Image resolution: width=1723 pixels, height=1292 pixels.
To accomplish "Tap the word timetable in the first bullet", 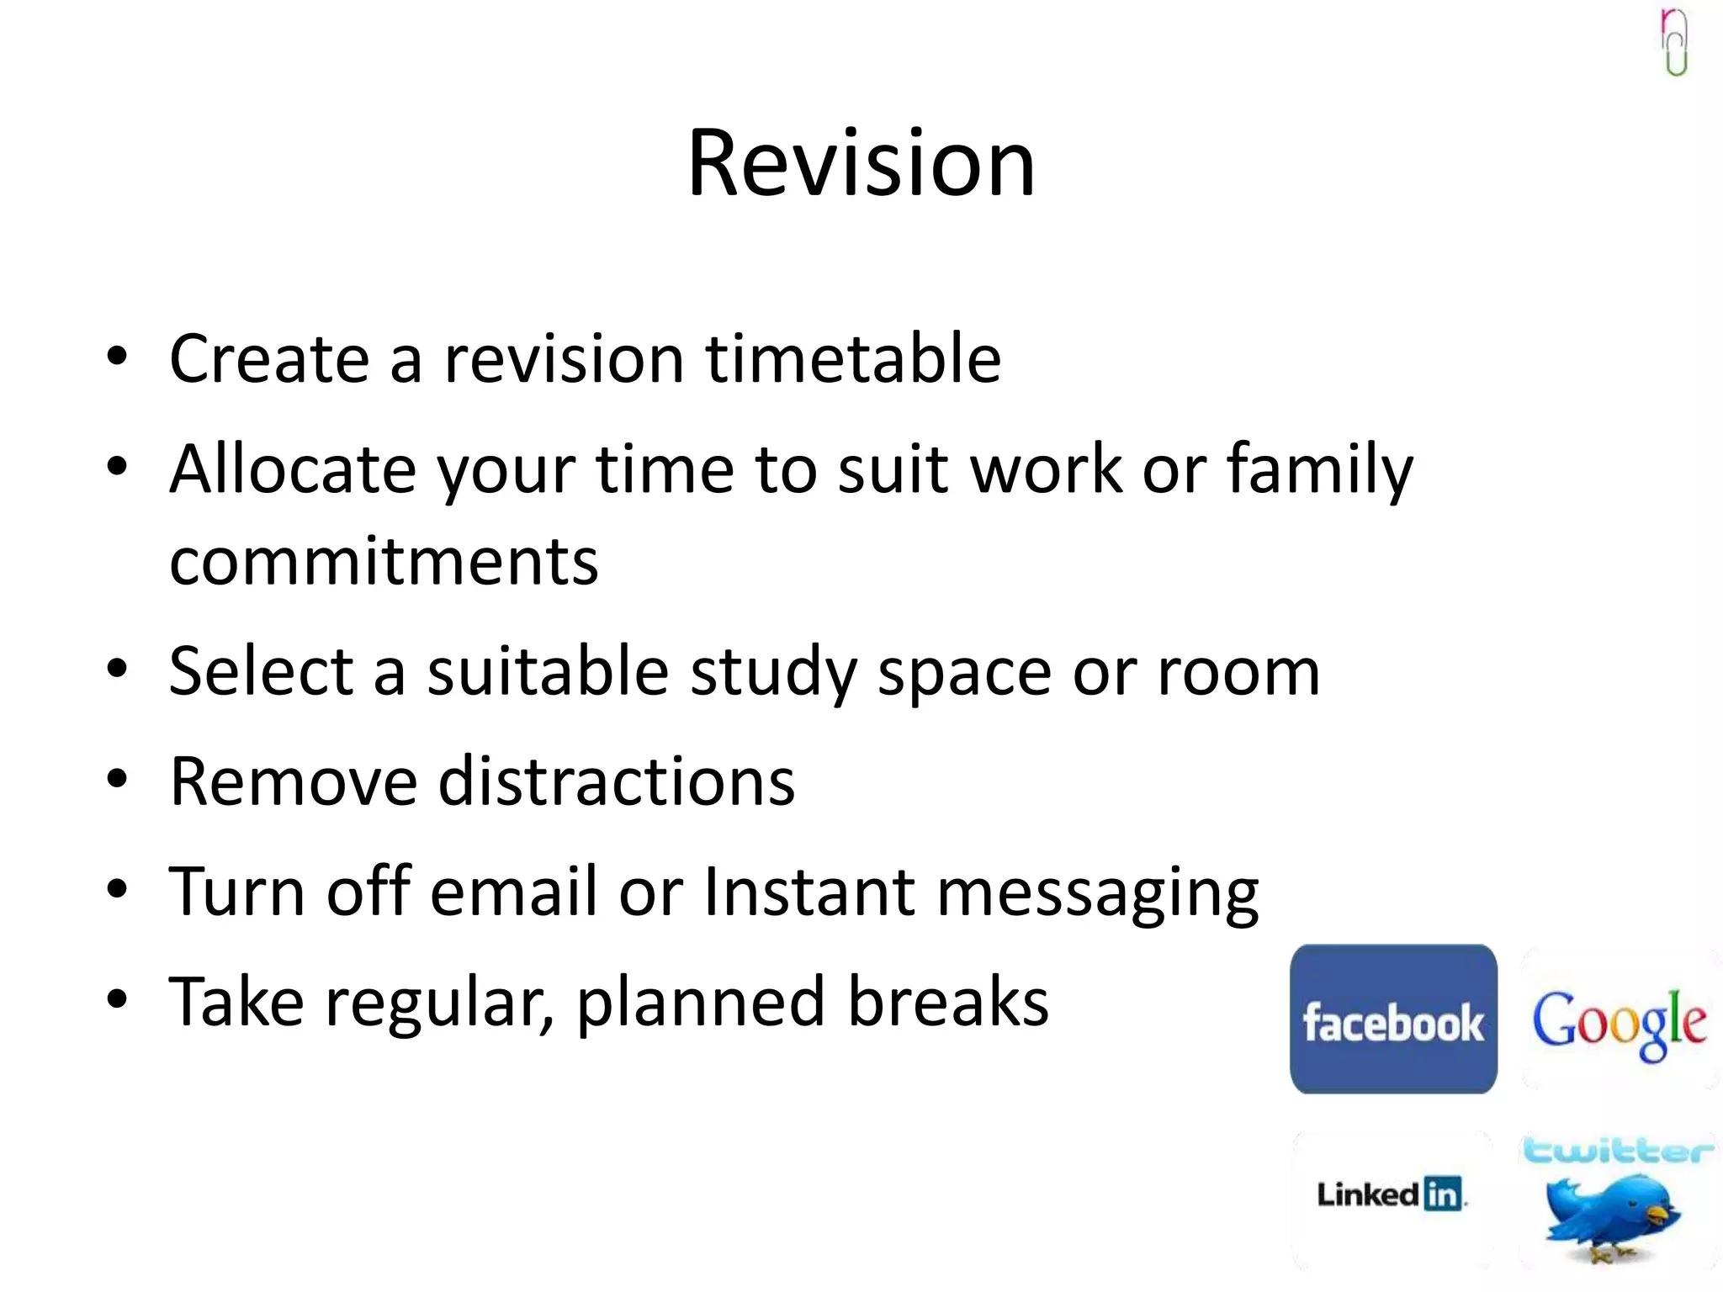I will tap(852, 359).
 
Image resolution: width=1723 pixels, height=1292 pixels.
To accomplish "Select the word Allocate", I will tap(292, 469).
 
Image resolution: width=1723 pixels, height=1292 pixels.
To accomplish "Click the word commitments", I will tap(384, 562).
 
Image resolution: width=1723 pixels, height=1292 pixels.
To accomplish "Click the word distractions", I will tap(616, 781).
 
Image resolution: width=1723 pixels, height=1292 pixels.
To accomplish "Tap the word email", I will tap(513, 891).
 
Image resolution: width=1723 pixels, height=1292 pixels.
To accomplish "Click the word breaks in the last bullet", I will tap(947, 1001).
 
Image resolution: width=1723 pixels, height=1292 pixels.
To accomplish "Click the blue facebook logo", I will tap(1393, 1019).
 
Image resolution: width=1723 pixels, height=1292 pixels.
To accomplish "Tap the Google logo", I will tap(1619, 1023).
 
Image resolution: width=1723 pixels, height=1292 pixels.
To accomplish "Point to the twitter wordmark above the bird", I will tap(1617, 1150).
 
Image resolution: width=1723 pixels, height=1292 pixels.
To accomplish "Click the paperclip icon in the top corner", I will tap(1674, 42).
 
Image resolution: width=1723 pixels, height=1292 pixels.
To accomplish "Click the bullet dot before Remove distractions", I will tap(117, 778).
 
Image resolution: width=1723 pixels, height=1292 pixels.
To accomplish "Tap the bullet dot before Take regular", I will tap(117, 998).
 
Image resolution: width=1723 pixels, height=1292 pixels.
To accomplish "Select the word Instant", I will tap(808, 891).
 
